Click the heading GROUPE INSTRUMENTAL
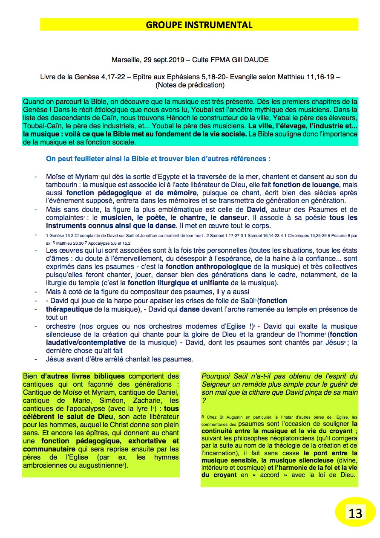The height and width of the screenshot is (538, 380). coord(199,25)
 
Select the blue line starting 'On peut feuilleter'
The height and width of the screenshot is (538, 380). coord(158,159)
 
